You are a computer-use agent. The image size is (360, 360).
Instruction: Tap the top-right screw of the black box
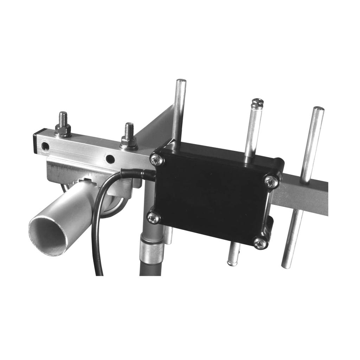[272, 181]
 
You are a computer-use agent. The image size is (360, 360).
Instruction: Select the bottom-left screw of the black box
[154, 218]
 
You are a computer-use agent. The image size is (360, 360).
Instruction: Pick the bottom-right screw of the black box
[260, 243]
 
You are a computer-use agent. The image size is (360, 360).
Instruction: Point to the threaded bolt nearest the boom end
[63, 119]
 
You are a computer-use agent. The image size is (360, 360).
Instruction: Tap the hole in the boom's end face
[45, 146]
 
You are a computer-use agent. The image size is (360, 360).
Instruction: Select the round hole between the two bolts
[110, 159]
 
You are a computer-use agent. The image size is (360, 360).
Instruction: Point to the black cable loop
[97, 225]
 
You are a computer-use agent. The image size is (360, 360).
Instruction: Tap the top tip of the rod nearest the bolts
[181, 82]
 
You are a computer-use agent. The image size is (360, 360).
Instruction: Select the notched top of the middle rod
[258, 102]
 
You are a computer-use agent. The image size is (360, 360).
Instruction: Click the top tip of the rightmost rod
[318, 109]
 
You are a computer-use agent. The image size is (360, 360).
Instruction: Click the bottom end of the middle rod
[232, 262]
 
